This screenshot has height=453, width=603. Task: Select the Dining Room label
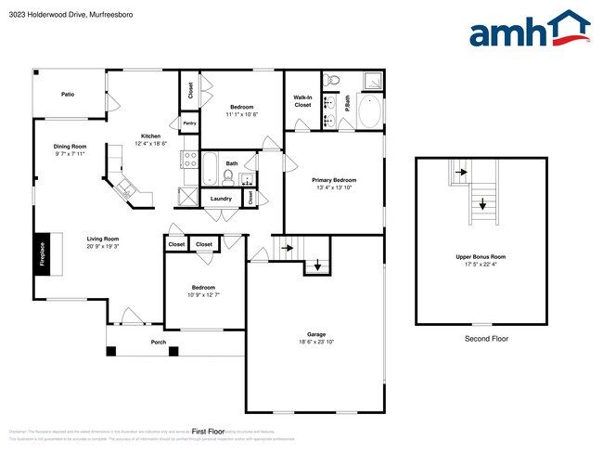point(69,146)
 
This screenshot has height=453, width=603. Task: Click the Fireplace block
point(43,253)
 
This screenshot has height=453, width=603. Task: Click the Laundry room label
point(221,199)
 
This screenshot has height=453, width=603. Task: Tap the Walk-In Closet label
point(302,101)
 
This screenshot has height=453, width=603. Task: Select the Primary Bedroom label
point(335,179)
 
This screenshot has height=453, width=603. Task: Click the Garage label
point(316,334)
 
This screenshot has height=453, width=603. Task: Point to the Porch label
point(159,342)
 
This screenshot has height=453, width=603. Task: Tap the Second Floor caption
point(487,340)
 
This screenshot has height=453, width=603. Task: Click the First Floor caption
point(209,431)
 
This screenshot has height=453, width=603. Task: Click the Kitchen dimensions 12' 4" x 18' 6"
point(150,144)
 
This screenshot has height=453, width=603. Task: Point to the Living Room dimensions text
point(103,246)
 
